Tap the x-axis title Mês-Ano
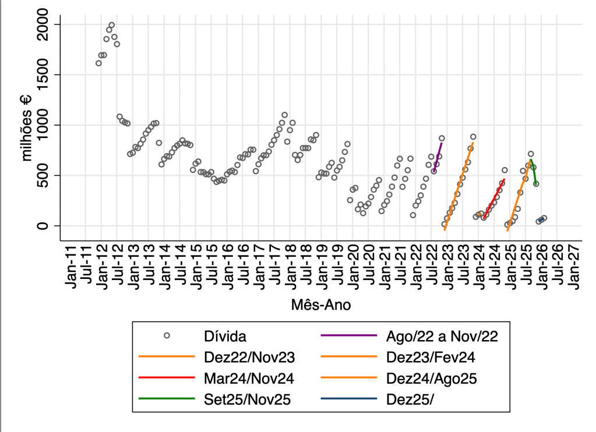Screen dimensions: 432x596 tap(321, 304)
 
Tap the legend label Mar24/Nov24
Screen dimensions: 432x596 tap(249, 379)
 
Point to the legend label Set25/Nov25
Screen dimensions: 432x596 tap(248, 400)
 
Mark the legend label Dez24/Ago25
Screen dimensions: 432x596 tap(432, 379)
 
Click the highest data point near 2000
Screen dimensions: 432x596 tap(111, 25)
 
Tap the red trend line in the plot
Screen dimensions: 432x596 tap(494, 198)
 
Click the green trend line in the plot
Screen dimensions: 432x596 tap(533, 172)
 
